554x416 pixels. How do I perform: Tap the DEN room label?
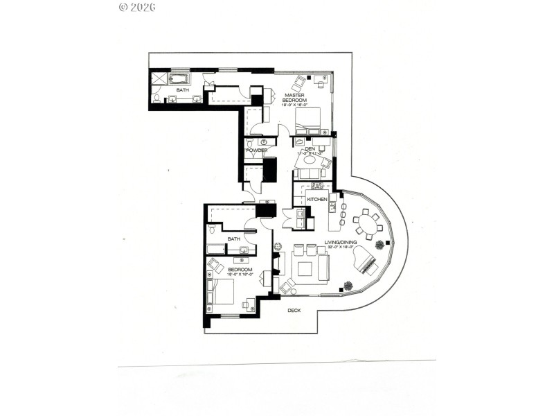click(310, 148)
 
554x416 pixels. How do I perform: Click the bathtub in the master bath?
click(180, 78)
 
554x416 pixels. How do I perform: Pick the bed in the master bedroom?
click(309, 120)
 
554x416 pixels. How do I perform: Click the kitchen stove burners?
click(317, 185)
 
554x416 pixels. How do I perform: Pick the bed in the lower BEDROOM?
click(223, 291)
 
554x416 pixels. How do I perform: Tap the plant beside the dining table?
click(379, 245)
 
